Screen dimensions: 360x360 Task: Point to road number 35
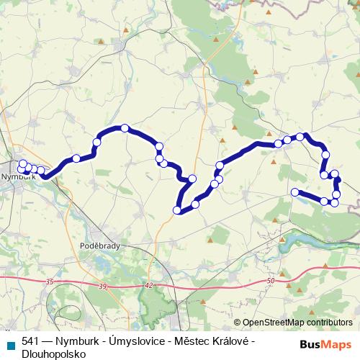[48, 281]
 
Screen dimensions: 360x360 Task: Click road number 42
[149, 286]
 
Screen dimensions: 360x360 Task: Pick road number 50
[270, 281]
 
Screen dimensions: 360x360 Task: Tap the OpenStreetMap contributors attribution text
[297, 323]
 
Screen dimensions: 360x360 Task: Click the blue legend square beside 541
[9, 344]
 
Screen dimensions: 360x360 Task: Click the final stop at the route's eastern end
[294, 192]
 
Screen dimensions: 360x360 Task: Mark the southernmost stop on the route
[177, 210]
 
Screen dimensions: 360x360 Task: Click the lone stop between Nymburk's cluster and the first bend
[76, 158]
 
